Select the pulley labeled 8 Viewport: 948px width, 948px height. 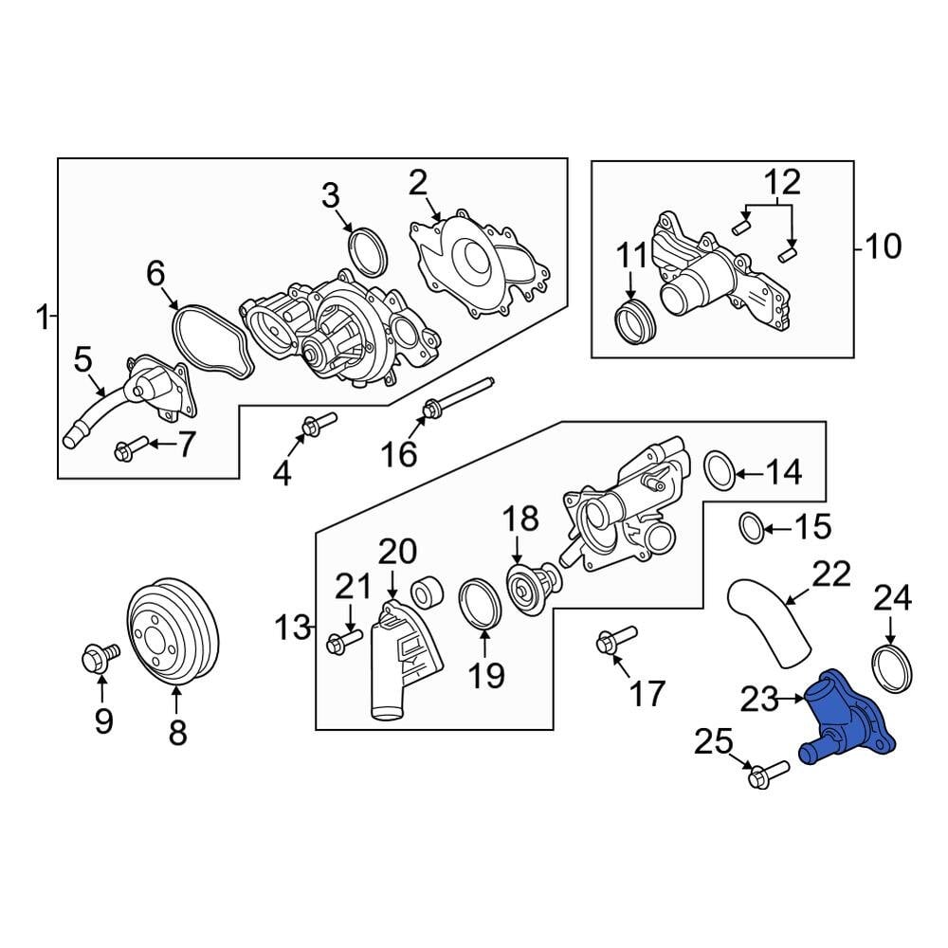(x=173, y=629)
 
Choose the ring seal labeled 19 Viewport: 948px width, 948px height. (x=479, y=604)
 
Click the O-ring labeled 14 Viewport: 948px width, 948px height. (x=721, y=468)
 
